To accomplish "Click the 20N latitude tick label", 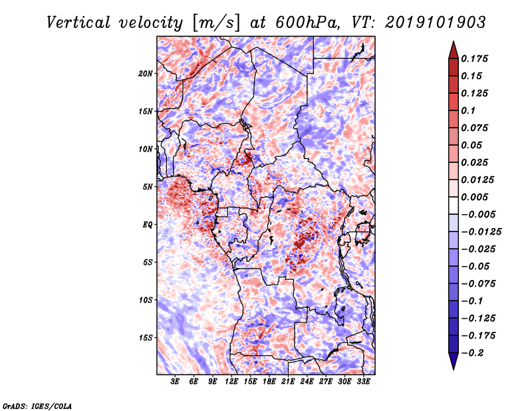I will pos(146,73).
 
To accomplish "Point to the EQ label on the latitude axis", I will pos(148,225).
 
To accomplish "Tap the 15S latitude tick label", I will pos(146,338).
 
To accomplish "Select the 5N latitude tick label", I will pos(148,187).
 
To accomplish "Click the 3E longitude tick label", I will pos(176,382).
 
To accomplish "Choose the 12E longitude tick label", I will pos(232,382).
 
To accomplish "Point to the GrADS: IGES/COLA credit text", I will pos(37,405).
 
